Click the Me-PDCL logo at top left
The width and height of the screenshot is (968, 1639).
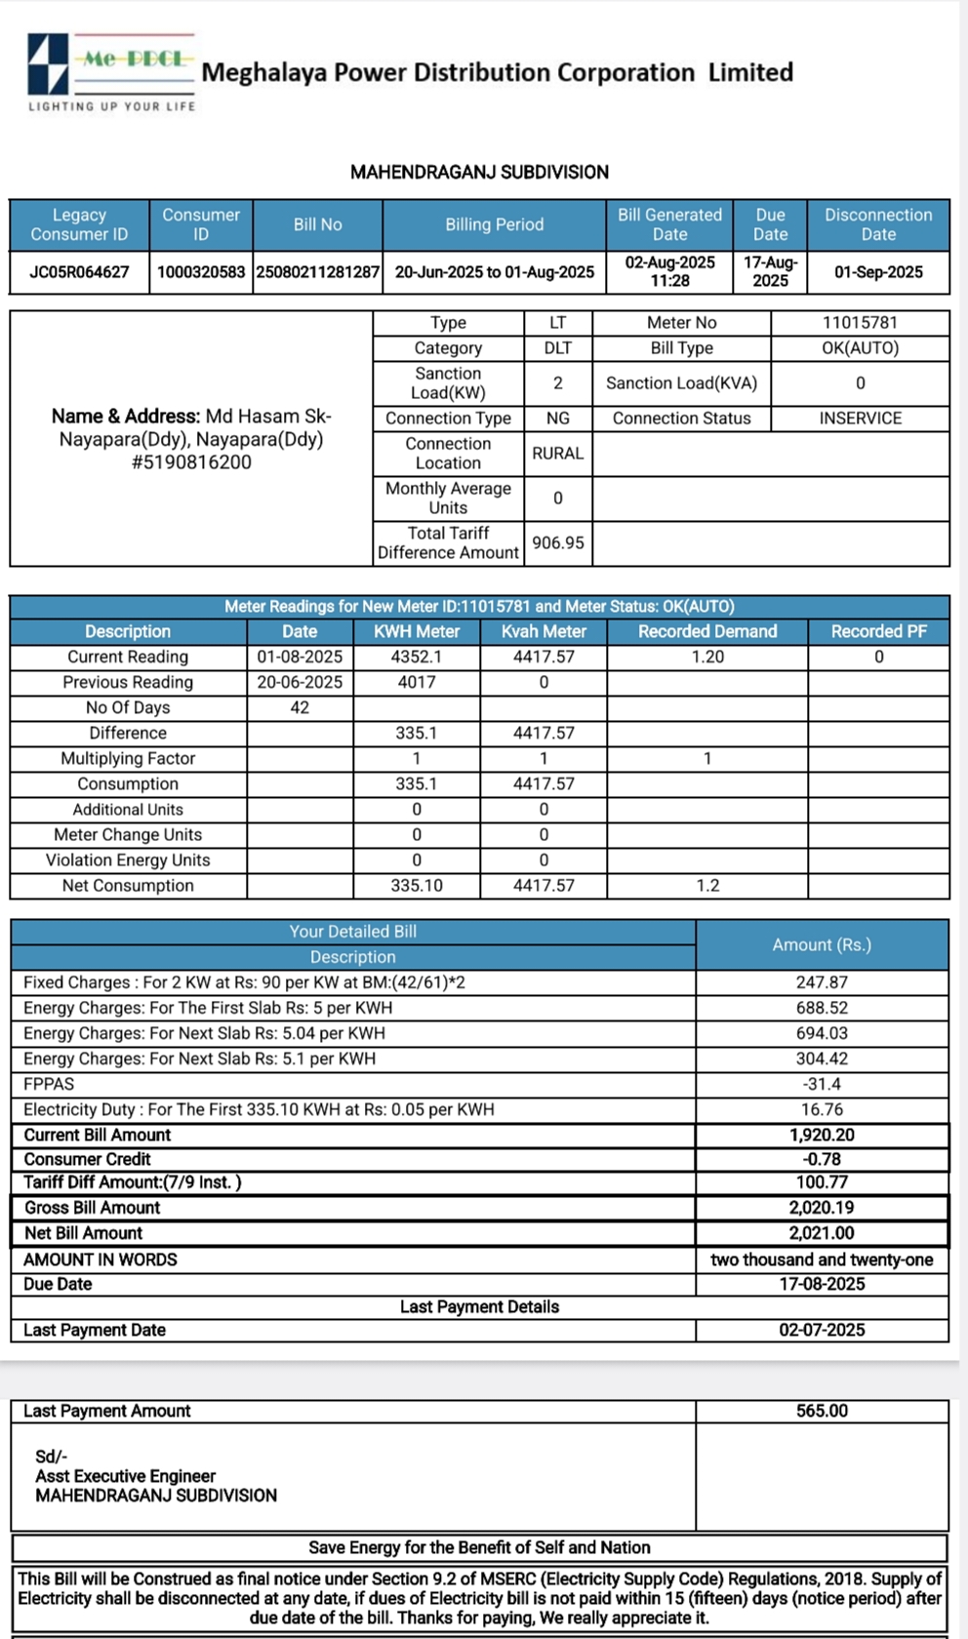pos(110,70)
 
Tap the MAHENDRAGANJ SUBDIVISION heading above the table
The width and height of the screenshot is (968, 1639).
pos(479,173)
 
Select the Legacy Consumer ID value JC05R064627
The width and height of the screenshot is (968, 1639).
pos(79,272)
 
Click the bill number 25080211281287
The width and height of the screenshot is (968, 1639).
pos(317,272)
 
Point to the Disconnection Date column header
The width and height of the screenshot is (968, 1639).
pos(878,224)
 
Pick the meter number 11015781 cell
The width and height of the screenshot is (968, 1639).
pos(860,323)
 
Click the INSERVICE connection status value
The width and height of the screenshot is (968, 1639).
pos(860,419)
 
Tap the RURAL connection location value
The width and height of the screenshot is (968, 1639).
pos(557,454)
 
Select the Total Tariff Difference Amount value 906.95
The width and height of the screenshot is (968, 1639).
pos(557,542)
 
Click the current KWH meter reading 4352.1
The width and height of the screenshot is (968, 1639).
pos(417,658)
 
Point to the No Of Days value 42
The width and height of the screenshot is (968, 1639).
pos(300,708)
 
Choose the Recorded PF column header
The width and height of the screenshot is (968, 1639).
pos(878,632)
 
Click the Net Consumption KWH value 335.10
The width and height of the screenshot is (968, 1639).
pos(417,886)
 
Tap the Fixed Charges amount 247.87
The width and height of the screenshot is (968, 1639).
pos(822,982)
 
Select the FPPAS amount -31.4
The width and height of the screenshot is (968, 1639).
pos(822,1084)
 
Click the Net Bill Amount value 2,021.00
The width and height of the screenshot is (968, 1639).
pos(822,1233)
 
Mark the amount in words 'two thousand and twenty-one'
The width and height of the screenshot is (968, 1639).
pos(822,1259)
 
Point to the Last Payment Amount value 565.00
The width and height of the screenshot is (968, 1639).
pos(822,1411)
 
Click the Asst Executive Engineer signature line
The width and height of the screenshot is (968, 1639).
pos(125,1476)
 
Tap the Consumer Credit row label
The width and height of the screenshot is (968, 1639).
pos(87,1159)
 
